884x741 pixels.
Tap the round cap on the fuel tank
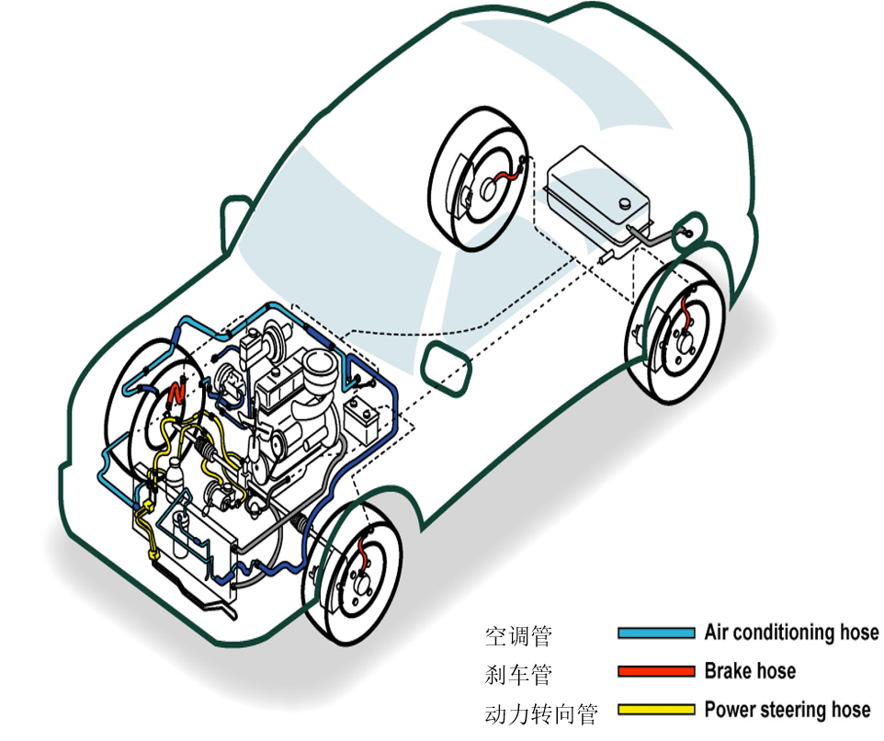click(624, 202)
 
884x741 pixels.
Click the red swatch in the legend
click(656, 672)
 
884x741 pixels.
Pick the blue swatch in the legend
click(656, 633)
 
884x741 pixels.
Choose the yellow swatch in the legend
click(656, 710)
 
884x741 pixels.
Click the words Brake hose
click(750, 671)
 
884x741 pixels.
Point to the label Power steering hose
click(787, 710)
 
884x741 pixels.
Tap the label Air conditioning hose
click(791, 633)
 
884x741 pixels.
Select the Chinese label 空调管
click(518, 635)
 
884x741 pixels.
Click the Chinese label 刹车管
click(518, 675)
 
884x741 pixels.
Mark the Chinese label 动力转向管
click(541, 713)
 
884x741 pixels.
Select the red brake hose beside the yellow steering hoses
click(177, 396)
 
